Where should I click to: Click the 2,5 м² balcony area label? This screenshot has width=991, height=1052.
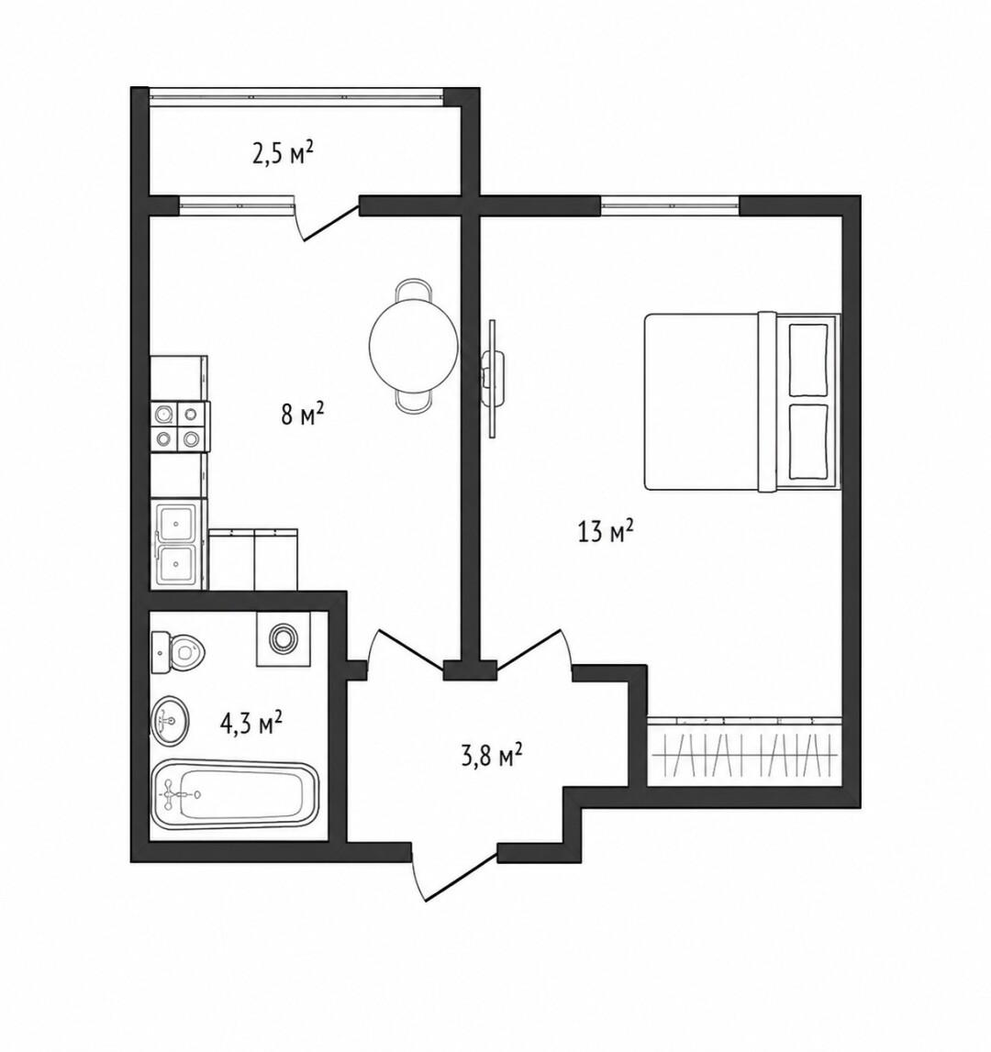coord(283,154)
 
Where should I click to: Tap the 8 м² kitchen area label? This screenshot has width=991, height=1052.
coord(302,414)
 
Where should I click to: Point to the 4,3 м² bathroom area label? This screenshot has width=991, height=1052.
coord(251,724)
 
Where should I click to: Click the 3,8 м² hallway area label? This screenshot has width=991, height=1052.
coord(492,756)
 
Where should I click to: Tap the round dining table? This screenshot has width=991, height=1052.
coord(414,346)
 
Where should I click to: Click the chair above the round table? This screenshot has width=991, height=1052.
coord(414,291)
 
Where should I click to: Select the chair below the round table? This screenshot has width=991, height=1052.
coord(414,401)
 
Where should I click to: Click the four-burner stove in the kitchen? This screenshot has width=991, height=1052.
coord(179,426)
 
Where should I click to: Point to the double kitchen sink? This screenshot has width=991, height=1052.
coord(177,544)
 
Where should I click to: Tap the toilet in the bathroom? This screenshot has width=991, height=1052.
coord(178,651)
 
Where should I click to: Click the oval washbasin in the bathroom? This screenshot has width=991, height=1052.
coord(170,721)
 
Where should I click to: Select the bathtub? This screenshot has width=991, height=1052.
coord(234,795)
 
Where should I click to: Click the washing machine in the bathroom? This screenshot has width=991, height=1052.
coord(284,638)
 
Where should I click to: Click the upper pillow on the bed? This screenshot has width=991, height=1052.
coord(808,360)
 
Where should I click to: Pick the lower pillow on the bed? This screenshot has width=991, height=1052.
coord(808,441)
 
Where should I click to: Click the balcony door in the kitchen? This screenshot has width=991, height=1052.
coord(327,219)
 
